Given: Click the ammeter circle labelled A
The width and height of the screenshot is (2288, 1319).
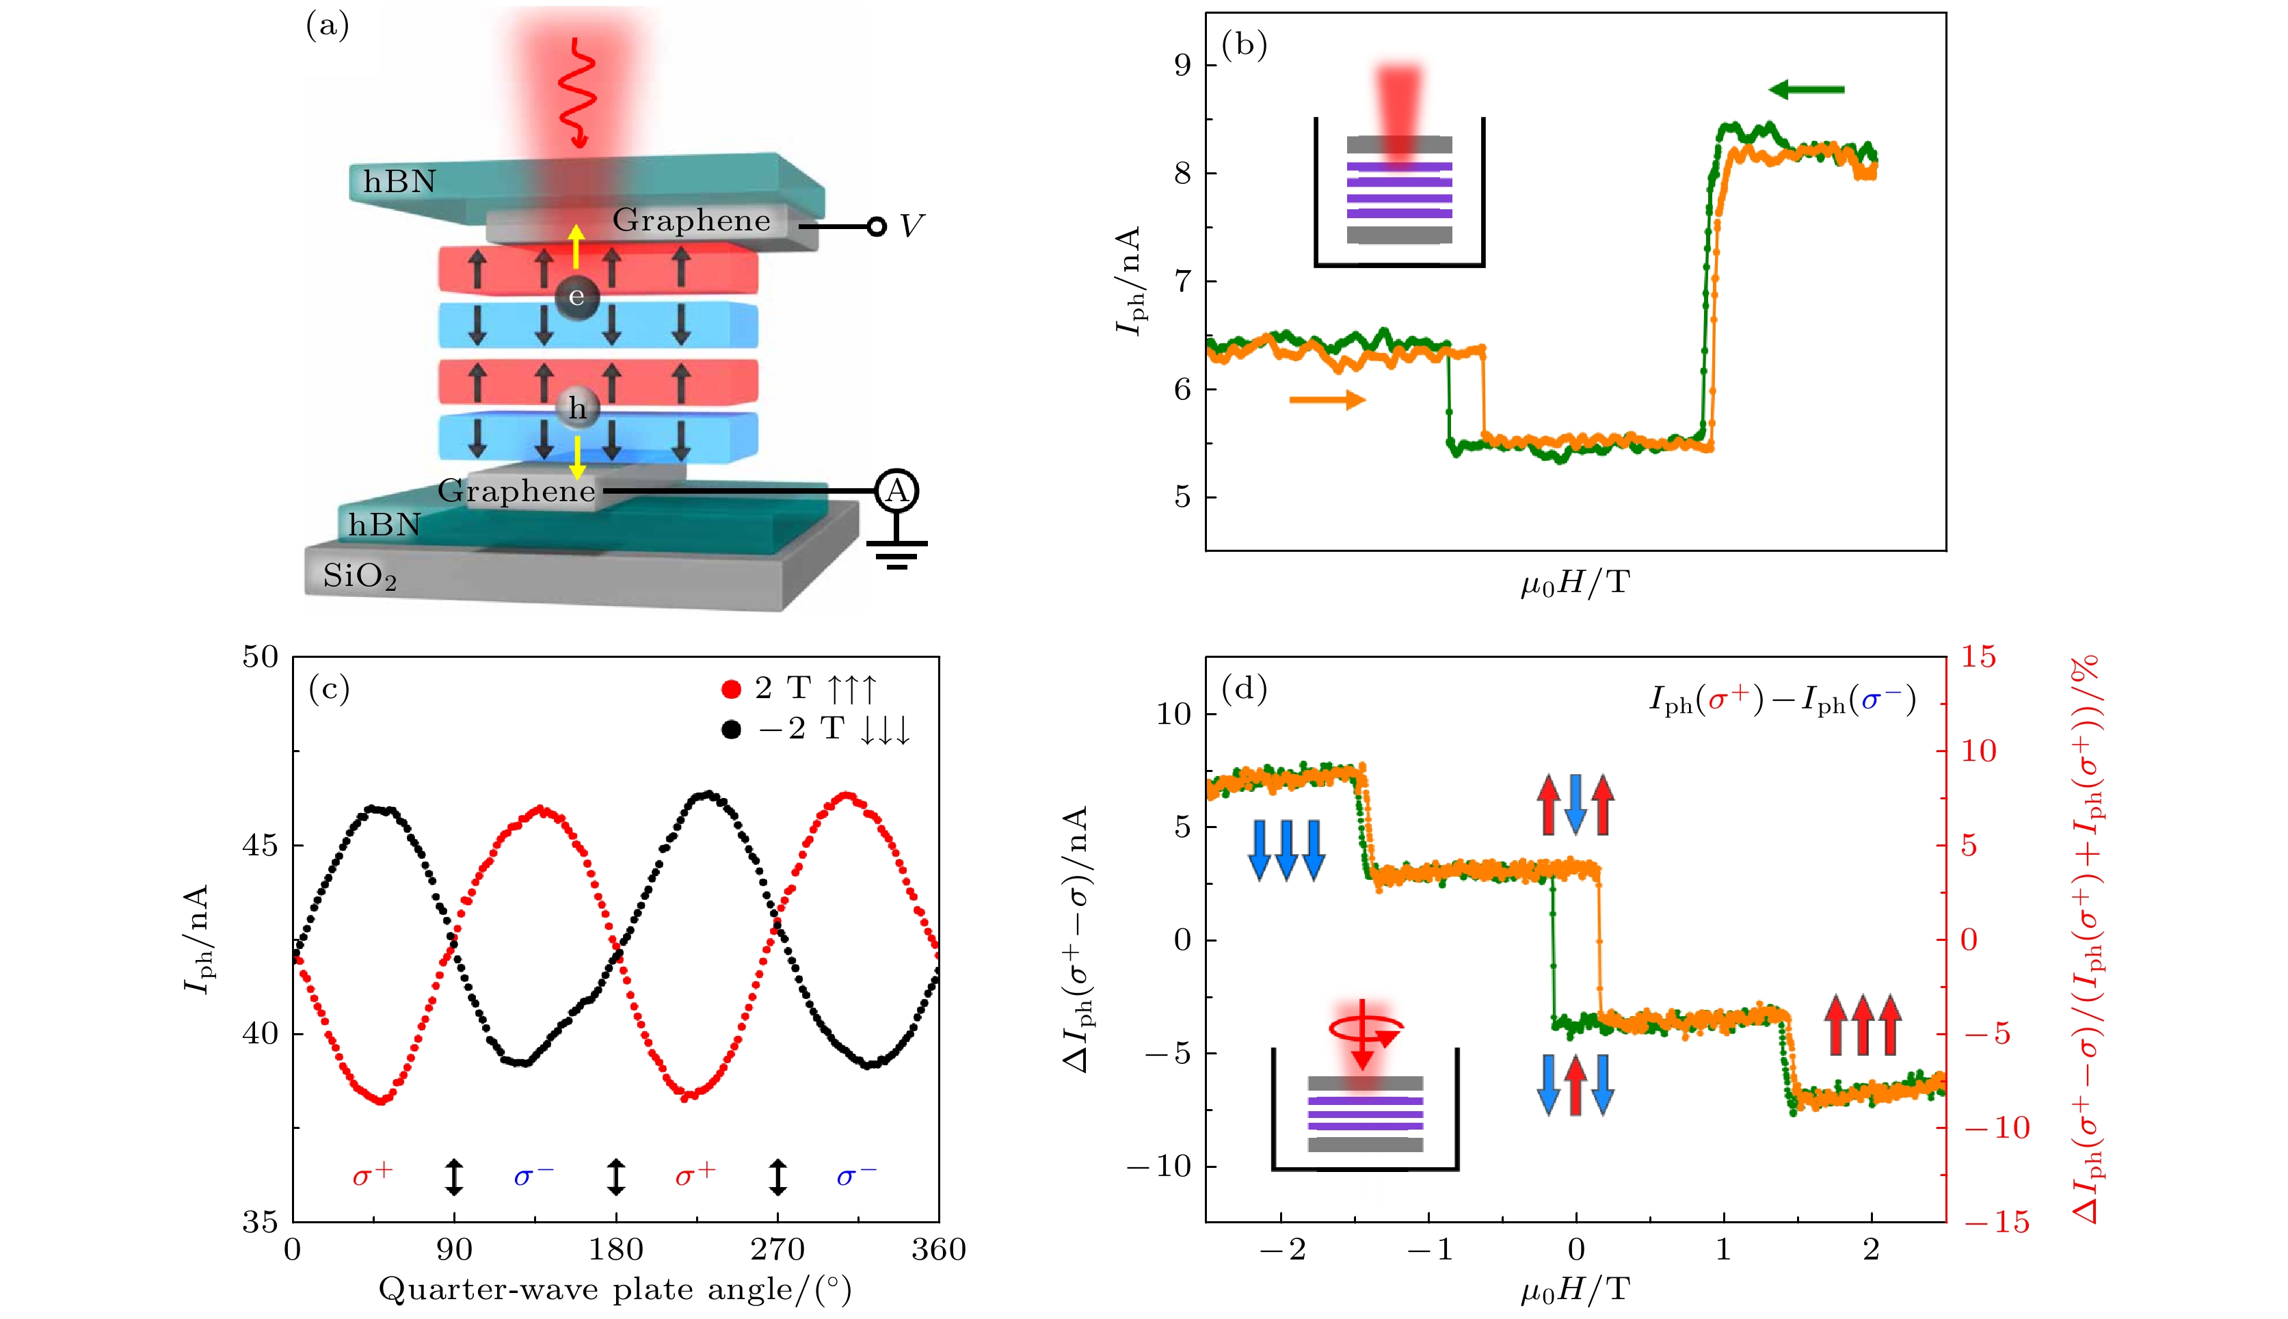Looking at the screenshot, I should click(x=896, y=491).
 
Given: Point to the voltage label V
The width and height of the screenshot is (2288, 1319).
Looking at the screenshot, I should click(x=910, y=226).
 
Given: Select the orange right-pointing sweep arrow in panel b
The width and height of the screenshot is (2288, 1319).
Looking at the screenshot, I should click(x=1327, y=399).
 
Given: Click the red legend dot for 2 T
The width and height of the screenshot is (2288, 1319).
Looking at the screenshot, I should click(x=731, y=689).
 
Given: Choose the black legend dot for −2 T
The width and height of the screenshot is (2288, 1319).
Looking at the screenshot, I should click(x=731, y=730).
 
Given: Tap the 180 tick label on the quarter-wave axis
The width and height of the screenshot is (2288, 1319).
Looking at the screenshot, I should click(x=616, y=1250).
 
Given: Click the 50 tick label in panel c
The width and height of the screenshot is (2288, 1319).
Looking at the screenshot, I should click(x=260, y=657).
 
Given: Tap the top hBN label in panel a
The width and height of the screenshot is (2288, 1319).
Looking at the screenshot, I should click(x=399, y=182).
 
